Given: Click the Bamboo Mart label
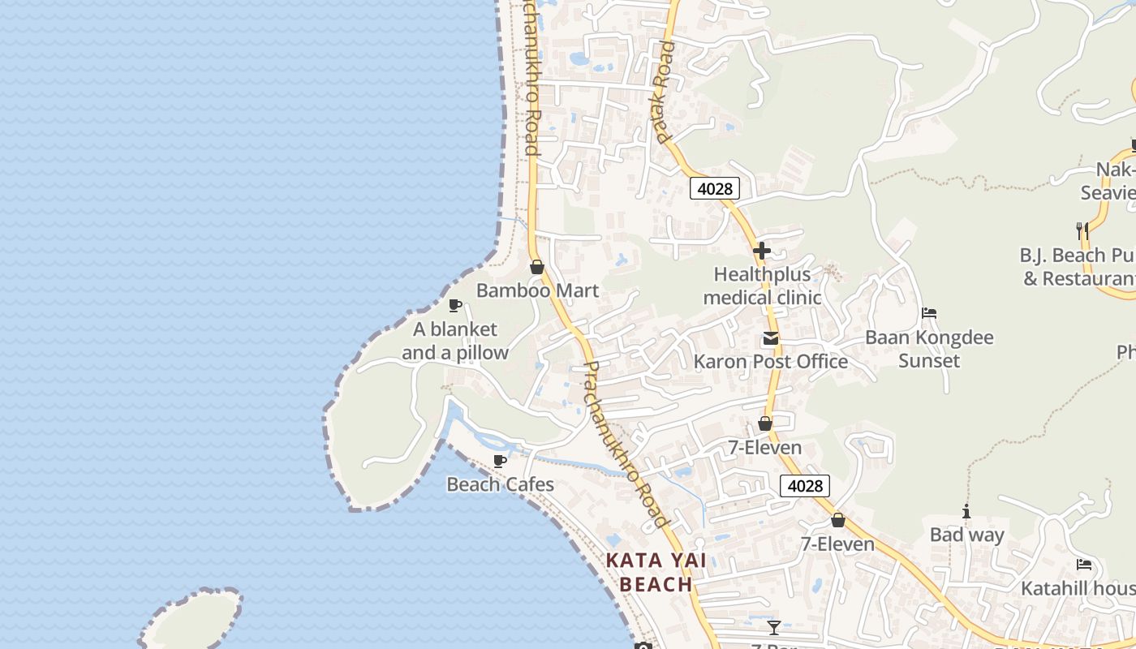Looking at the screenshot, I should coord(537,290).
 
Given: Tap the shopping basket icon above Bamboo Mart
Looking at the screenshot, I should coord(536,267).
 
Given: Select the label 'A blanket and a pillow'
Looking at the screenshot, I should coord(455,341).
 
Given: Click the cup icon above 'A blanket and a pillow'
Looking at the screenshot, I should coord(455,306).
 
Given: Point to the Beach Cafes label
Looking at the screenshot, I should coord(501,484).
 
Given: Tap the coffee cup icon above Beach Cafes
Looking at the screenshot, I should coord(500,462).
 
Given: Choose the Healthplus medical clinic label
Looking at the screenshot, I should coord(762,286).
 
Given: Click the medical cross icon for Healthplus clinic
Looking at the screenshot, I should coord(761,251).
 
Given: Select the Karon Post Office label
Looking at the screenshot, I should coord(770,362).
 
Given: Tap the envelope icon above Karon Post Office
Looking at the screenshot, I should coord(770,338).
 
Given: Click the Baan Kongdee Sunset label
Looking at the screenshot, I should coord(929,349).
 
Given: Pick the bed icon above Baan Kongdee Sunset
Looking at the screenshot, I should coord(929,313).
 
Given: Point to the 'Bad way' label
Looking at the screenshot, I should coord(966,535).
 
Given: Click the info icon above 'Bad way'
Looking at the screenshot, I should coord(966,511).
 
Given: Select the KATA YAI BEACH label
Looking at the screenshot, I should coord(656,572).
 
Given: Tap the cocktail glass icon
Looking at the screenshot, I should coord(774,628).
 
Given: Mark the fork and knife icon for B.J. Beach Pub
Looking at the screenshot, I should coord(1082,231).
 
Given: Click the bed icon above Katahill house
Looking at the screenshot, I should coord(1084,565).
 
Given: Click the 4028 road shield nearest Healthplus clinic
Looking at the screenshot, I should coord(715,189).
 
